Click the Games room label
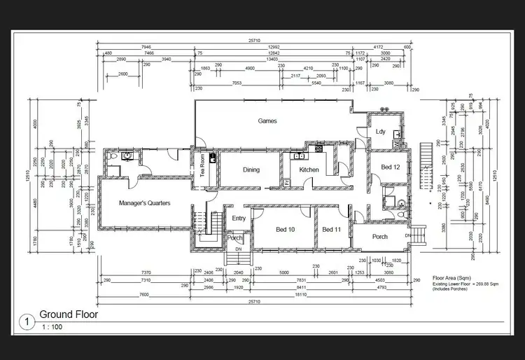(267, 121)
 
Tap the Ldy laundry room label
(381, 132)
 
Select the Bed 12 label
(391, 167)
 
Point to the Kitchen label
(309, 170)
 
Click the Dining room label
(251, 170)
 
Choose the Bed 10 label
(285, 230)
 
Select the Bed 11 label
(332, 230)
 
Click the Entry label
(238, 219)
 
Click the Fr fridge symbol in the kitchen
(287, 182)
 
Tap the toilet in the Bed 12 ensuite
(400, 202)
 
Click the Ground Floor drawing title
(69, 314)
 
